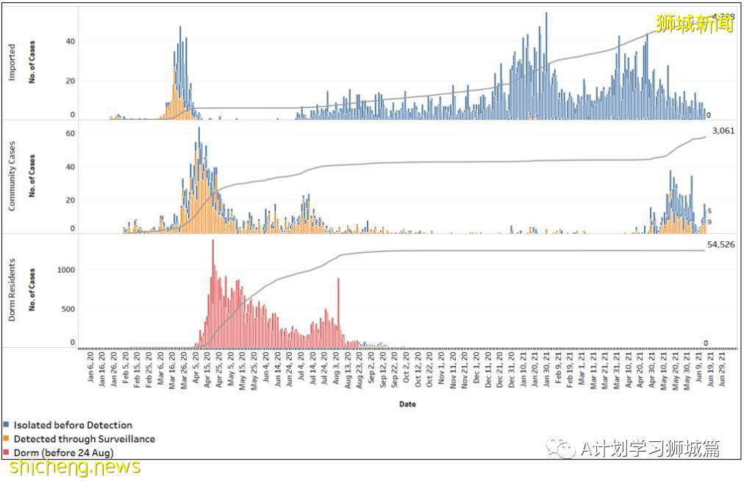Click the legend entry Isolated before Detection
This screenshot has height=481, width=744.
click(x=73, y=425)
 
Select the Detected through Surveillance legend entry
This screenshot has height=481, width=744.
click(x=84, y=438)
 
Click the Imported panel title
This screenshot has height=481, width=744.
click(x=12, y=65)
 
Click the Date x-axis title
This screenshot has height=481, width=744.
click(x=407, y=404)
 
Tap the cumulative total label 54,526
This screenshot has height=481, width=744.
click(x=722, y=244)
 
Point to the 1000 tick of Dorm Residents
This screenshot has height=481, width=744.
click(x=66, y=270)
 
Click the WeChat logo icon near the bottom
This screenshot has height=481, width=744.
click(x=565, y=448)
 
